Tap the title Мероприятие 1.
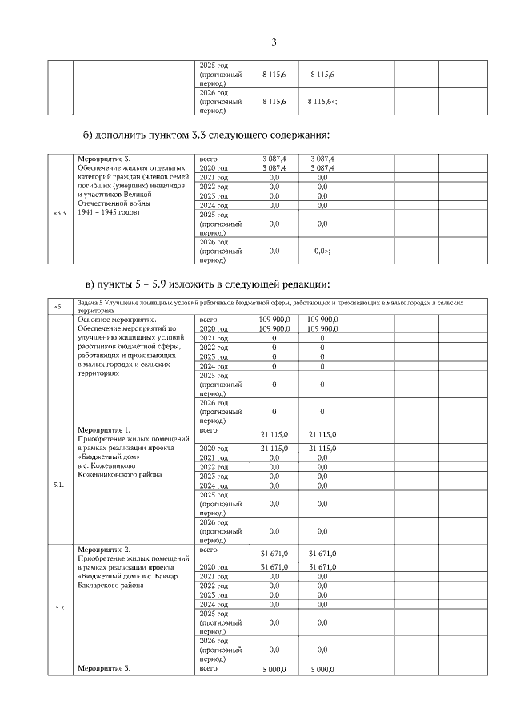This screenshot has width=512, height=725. [x=103, y=429]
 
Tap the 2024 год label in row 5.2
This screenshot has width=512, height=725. [x=214, y=605]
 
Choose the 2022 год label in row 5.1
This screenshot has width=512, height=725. [x=214, y=467]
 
